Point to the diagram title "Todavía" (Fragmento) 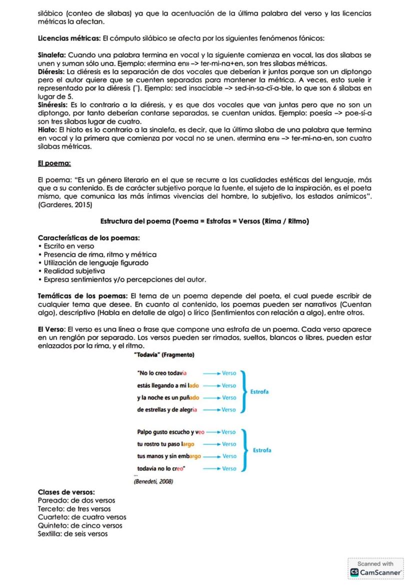coord(163,355)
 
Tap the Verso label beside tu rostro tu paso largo coord(228,444)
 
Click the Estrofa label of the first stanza coord(259,392)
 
